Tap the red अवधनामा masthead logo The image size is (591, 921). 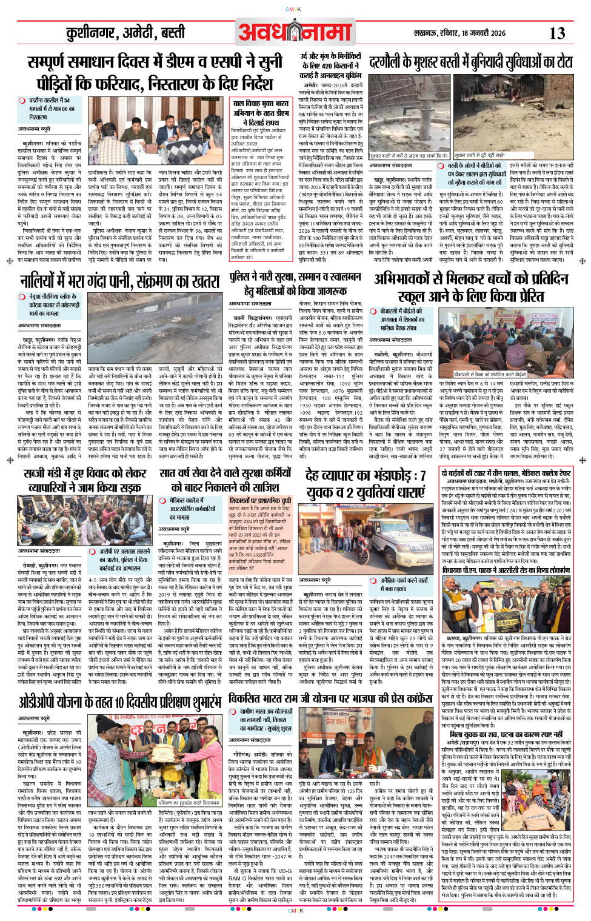295,32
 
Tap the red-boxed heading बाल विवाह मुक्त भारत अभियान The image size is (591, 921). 261,113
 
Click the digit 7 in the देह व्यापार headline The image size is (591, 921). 422,475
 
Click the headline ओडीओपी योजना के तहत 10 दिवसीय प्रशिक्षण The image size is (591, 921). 120,702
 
